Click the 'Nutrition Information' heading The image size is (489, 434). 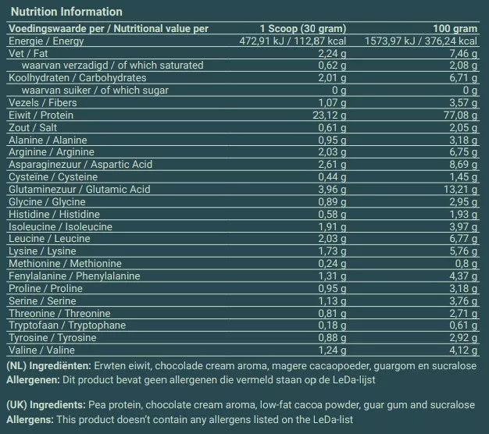[65, 12]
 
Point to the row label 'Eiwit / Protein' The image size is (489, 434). [41, 115]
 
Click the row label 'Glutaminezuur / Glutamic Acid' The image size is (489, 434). [78, 189]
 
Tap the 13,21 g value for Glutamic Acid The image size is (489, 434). [460, 189]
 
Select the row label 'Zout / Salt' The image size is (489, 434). [31, 127]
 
